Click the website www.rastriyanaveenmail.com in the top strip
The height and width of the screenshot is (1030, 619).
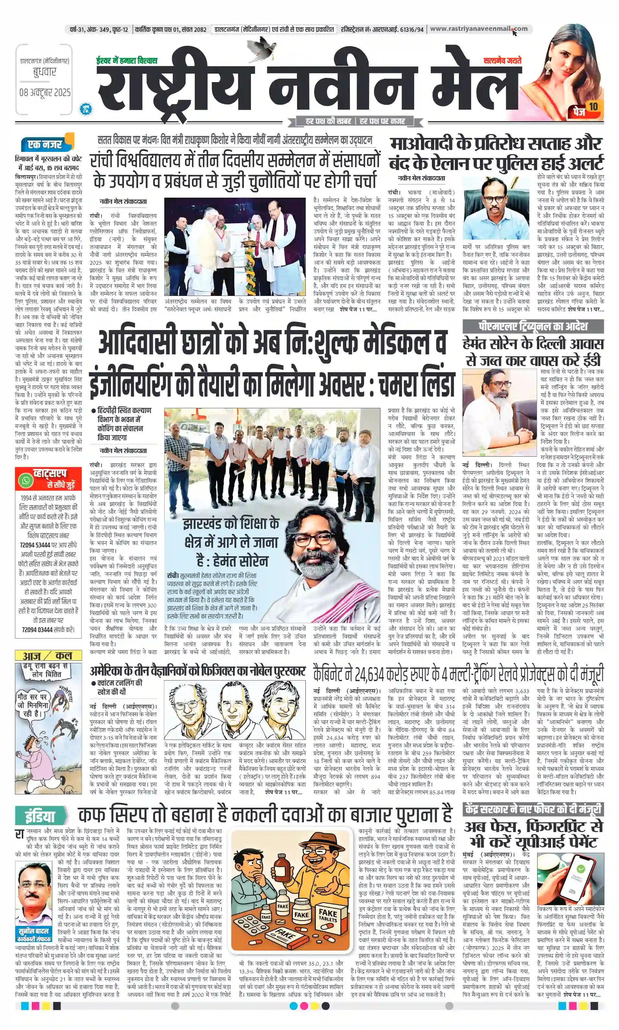point(478,29)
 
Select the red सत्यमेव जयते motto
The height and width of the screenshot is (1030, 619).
point(502,61)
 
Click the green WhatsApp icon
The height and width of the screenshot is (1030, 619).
point(26,480)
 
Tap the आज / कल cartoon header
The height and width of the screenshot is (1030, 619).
point(48,656)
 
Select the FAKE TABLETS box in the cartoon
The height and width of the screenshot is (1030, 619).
point(328,916)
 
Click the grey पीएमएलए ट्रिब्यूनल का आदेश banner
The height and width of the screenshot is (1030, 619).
point(533,326)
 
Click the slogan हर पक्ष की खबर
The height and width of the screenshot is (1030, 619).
point(328,121)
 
